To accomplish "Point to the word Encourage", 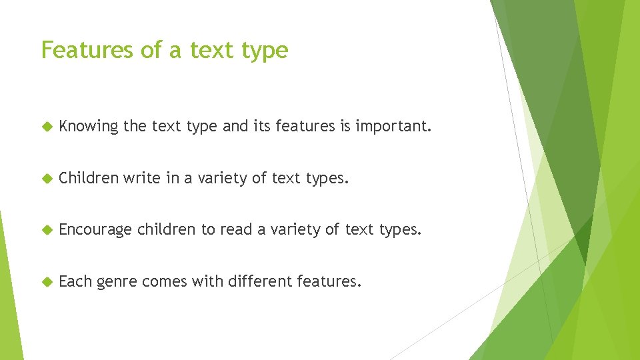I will [x=95, y=230].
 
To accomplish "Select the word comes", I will [x=165, y=281].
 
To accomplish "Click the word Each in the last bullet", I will [x=75, y=281].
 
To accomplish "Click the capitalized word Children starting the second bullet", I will [x=89, y=178].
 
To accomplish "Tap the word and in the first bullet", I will [x=235, y=127].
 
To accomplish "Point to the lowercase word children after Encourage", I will [x=167, y=230].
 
